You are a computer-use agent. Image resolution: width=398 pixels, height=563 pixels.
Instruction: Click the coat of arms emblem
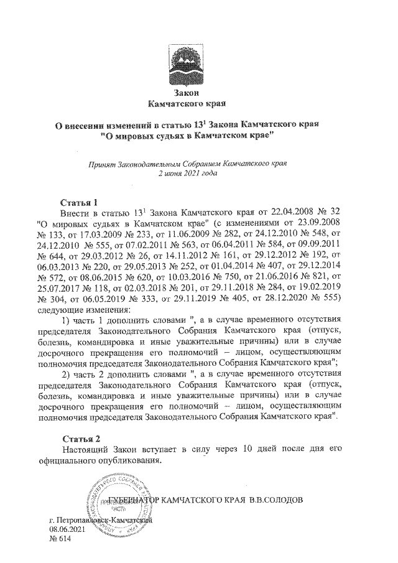pyautogui.click(x=188, y=65)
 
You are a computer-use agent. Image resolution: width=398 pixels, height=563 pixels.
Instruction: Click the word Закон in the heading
pyautogui.click(x=188, y=92)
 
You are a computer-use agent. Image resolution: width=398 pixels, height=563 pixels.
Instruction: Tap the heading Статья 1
pyautogui.click(x=79, y=202)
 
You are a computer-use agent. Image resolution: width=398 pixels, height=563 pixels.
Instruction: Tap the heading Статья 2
pyautogui.click(x=79, y=440)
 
